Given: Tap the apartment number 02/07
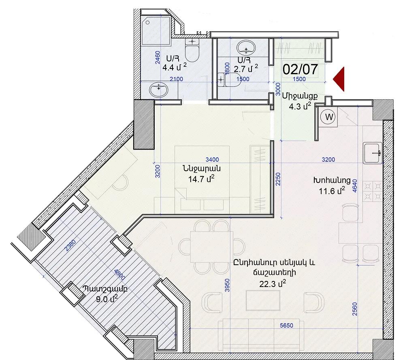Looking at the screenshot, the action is pos(300,69).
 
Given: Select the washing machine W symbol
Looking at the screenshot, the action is pos(328,117).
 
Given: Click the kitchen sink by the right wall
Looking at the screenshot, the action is pos(373,153).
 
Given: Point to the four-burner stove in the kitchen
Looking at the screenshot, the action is pos(373,191).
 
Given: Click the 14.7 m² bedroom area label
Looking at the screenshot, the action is pos(201,179).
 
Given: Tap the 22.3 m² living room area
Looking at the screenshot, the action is pos(273,284).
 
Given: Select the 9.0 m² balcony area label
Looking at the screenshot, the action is pos(107,299).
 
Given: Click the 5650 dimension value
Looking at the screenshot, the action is pos(286,326).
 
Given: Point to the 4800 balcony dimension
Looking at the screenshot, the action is pos(119,274).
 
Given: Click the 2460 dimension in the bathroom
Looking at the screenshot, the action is pos(158,58).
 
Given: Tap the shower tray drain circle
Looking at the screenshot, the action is pos(148,23).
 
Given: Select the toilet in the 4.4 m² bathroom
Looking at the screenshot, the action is pos(192,50).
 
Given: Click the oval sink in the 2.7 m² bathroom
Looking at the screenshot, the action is pos(246,47).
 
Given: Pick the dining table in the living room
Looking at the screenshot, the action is pos(210,247).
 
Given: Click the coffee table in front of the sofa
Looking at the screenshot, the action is pos(263,300).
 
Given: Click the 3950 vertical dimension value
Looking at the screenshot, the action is pos(227,285).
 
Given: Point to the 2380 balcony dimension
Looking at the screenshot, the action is pos(70,246).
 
